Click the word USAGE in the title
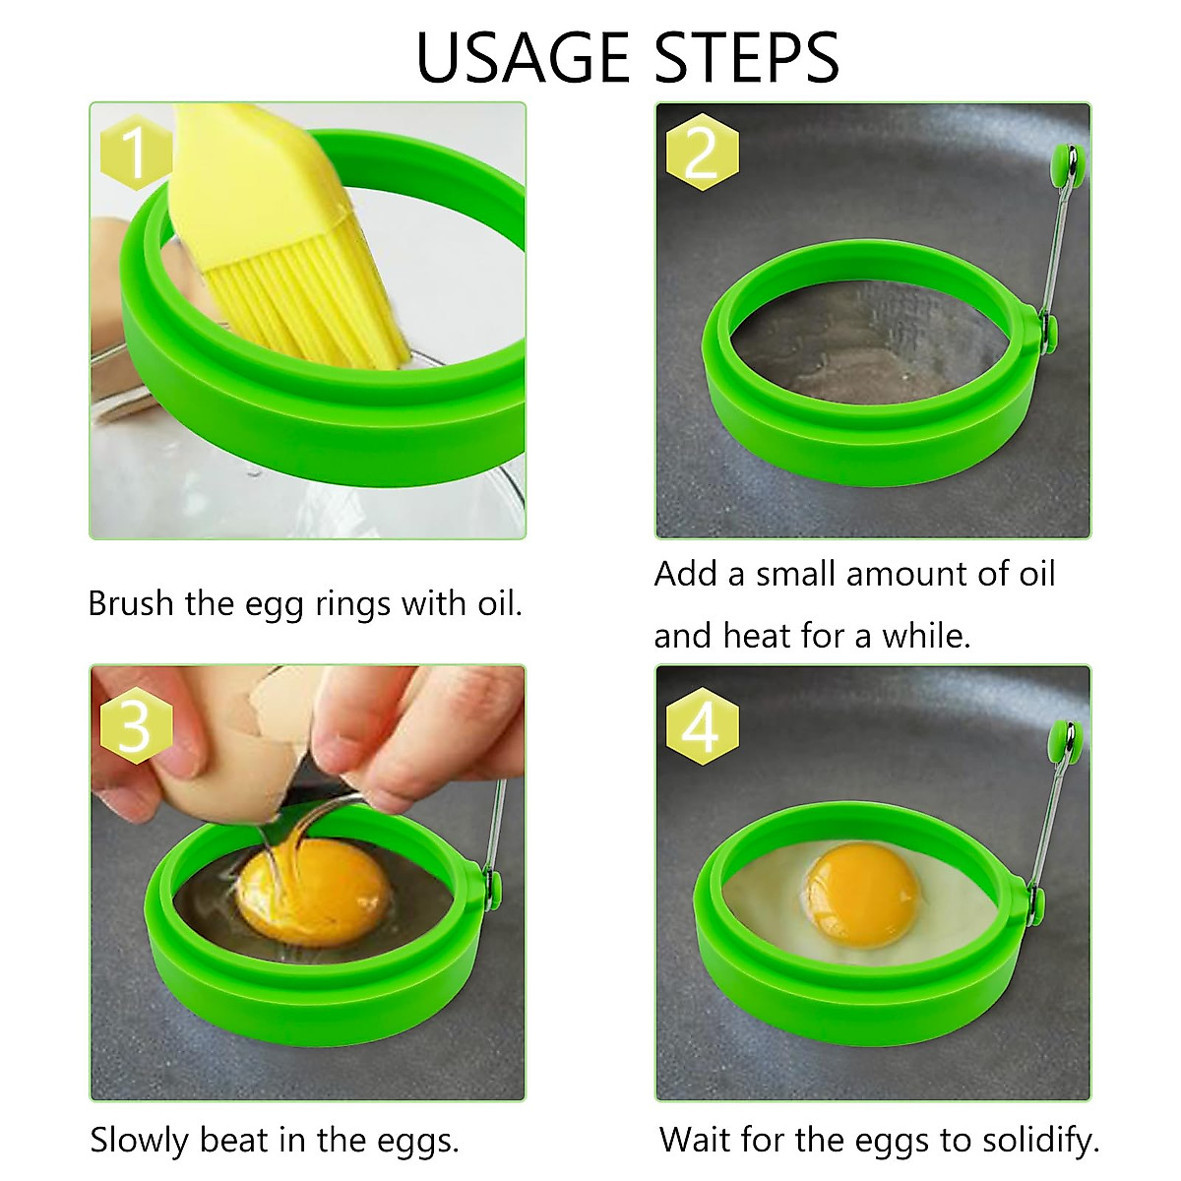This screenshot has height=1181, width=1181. (x=523, y=58)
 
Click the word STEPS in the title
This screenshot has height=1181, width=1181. (x=747, y=58)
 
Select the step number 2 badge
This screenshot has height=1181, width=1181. (x=703, y=154)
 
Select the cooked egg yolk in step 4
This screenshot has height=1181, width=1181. (x=862, y=881)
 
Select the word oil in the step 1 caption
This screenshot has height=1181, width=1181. (x=498, y=602)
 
